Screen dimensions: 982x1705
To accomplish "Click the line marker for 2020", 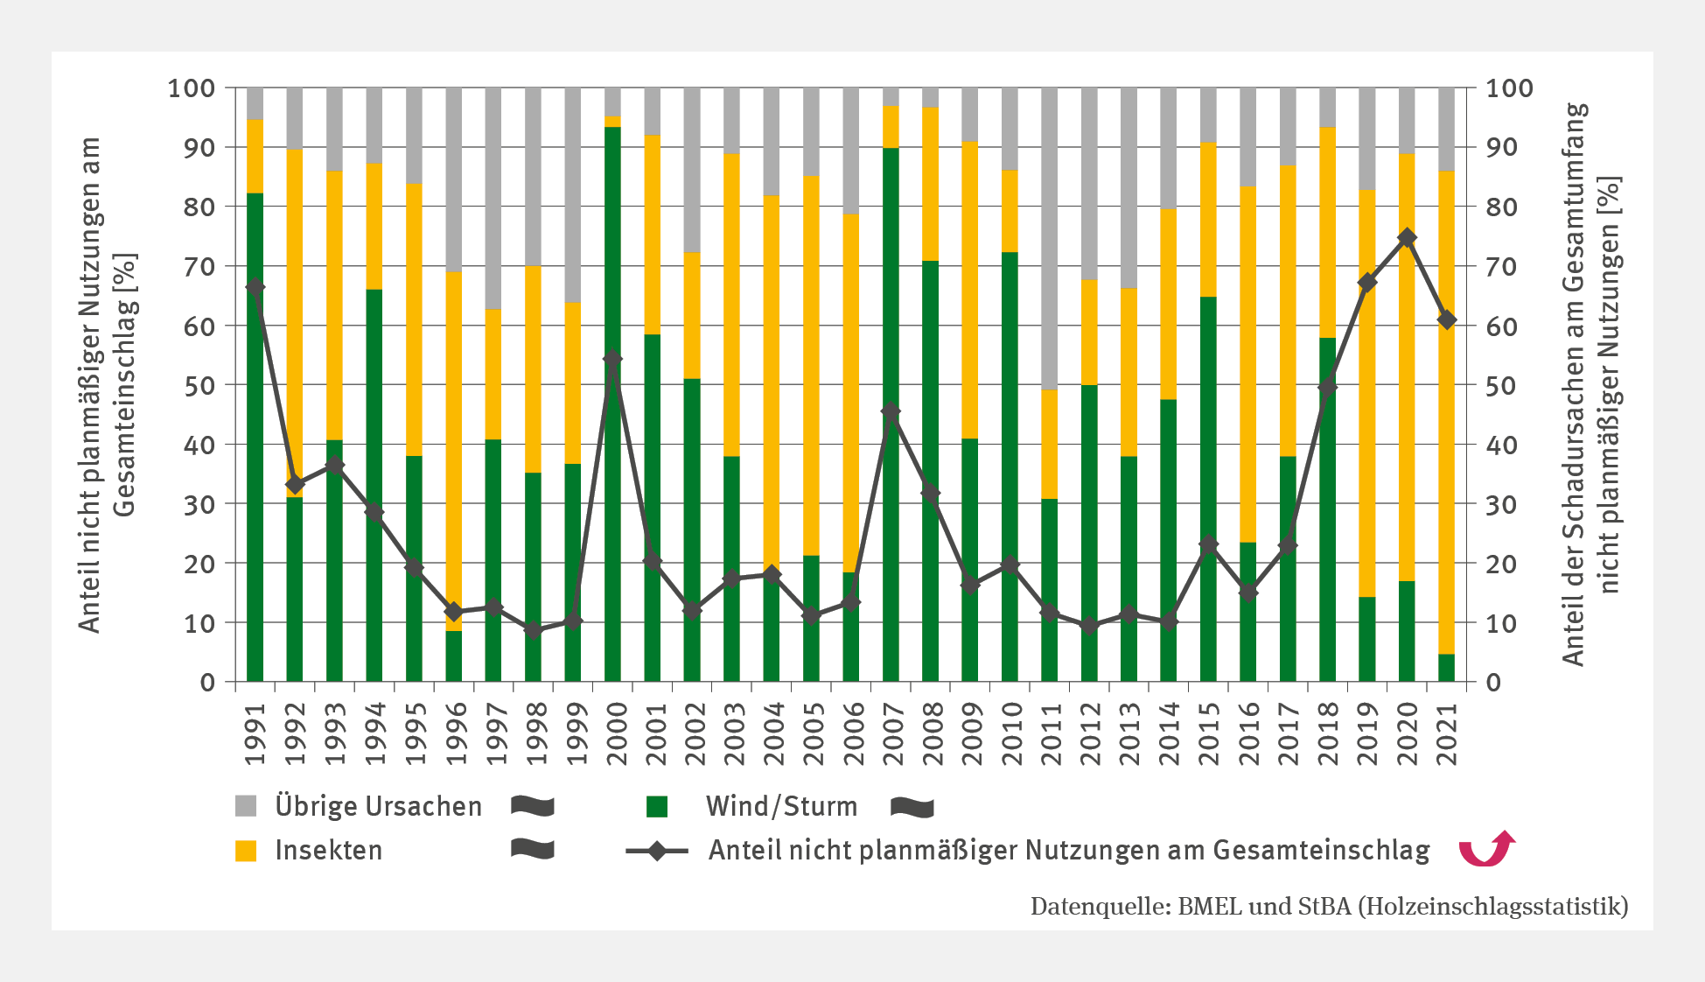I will point(1407,238).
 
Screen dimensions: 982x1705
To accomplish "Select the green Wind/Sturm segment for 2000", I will point(612,525).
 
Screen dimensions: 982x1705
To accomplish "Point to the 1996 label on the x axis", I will point(455,733).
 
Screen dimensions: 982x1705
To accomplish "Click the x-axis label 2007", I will point(892,733).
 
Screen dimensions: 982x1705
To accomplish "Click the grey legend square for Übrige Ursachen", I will point(246,806).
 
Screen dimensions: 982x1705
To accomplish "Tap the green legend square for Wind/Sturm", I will point(657,806).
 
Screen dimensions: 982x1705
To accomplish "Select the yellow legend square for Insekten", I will point(246,850).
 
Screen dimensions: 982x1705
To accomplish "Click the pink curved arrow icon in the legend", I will point(1486,848).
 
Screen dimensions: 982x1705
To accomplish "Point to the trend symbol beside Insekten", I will point(533,849).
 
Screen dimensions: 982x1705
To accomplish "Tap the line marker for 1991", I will point(255,287).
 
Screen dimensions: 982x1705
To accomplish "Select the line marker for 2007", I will point(891,410).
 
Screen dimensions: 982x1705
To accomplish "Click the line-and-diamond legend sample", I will point(657,850).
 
